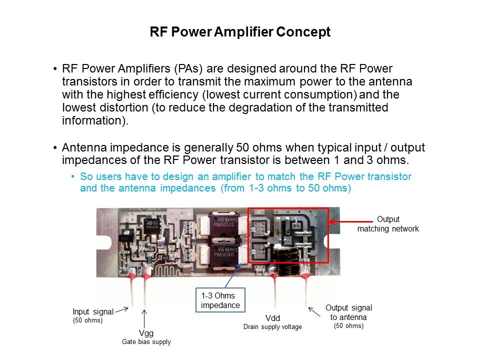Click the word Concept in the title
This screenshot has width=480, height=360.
click(x=303, y=32)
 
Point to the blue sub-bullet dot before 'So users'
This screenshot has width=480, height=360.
click(x=73, y=177)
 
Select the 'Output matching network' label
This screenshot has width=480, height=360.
click(x=387, y=224)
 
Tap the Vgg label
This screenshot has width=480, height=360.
click(x=146, y=332)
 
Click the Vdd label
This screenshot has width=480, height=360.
click(x=272, y=318)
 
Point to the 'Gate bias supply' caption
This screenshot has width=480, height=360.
click(x=146, y=342)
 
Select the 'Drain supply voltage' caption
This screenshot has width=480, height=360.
click(x=272, y=327)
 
